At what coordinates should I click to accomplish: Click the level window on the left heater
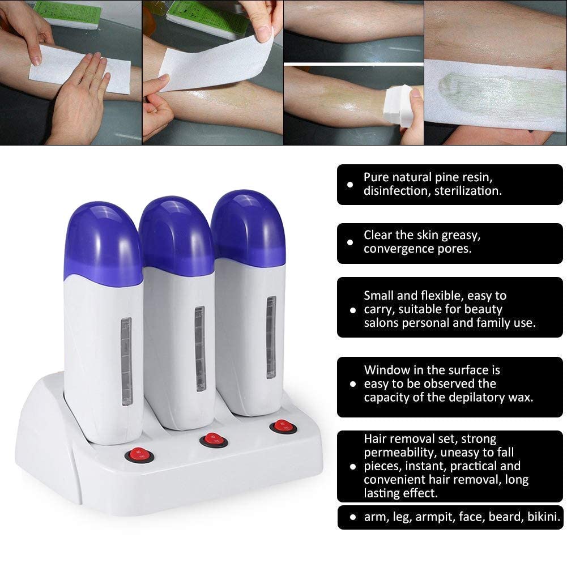[126, 363]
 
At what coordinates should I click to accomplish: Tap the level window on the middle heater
[199, 348]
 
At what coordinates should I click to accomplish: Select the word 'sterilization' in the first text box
[467, 191]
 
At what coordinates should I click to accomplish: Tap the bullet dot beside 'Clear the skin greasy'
[351, 242]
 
